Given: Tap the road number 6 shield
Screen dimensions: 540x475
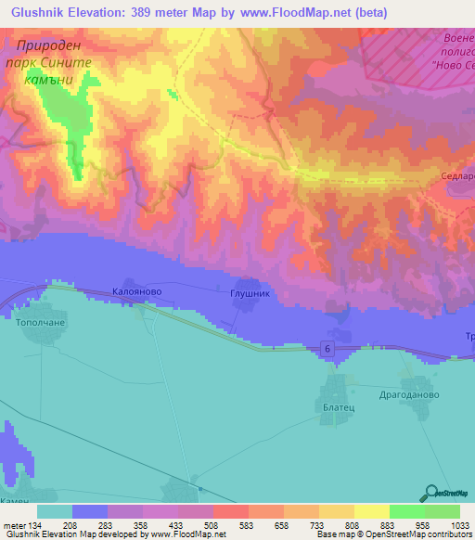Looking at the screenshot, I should pyautogui.click(x=328, y=347).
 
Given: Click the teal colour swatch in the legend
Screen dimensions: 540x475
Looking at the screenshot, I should pyautogui.click(x=55, y=511).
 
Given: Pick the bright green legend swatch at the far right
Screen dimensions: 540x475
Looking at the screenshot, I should pyautogui.click(x=442, y=511).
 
